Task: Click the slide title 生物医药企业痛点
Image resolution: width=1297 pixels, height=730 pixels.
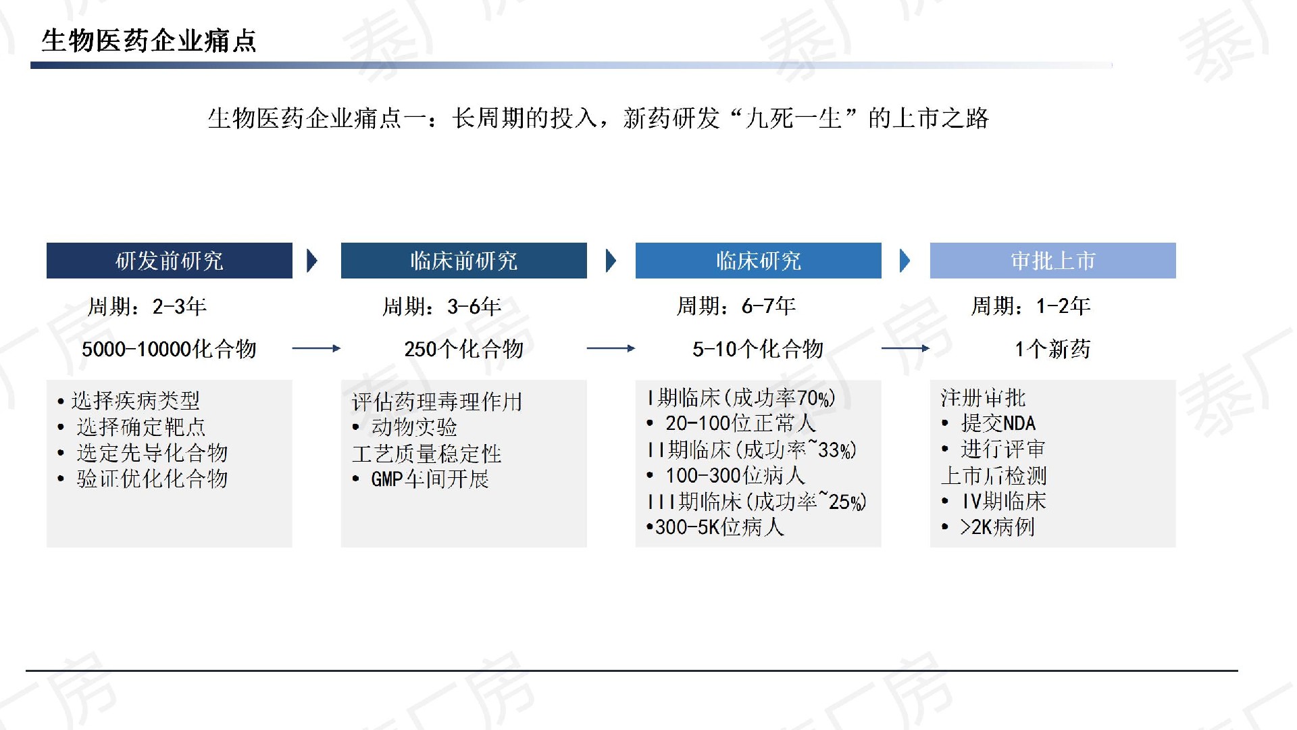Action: point(149,41)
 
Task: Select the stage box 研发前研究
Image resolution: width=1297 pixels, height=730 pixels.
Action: point(170,260)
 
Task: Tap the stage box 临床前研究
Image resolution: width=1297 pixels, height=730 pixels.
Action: point(464,260)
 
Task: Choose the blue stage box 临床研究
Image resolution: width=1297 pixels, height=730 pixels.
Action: point(759,260)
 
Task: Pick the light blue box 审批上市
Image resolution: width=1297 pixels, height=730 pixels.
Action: point(1053,260)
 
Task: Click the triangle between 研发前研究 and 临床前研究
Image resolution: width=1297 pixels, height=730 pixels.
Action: point(312,261)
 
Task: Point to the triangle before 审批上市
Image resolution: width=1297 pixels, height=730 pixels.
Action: point(905,261)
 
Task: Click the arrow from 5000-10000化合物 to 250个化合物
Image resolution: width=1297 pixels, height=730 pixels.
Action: point(317,348)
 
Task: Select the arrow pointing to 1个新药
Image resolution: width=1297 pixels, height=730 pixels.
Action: point(906,348)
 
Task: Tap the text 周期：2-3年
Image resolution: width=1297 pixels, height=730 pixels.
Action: point(147,307)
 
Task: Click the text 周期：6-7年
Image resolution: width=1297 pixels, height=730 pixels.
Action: point(736,306)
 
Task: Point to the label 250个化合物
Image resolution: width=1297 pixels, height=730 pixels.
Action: point(464,349)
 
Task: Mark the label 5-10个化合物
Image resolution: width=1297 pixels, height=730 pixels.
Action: point(758,349)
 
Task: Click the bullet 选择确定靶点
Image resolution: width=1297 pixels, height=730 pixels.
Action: point(132,427)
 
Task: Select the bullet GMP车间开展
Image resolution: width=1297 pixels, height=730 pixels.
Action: point(421,479)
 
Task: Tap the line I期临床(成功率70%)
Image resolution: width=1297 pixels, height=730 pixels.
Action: point(741,397)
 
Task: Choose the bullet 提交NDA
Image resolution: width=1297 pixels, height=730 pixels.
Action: point(989,423)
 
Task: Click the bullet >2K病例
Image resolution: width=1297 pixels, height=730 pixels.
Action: point(988,527)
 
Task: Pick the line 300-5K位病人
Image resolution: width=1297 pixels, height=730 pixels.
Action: point(715,527)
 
